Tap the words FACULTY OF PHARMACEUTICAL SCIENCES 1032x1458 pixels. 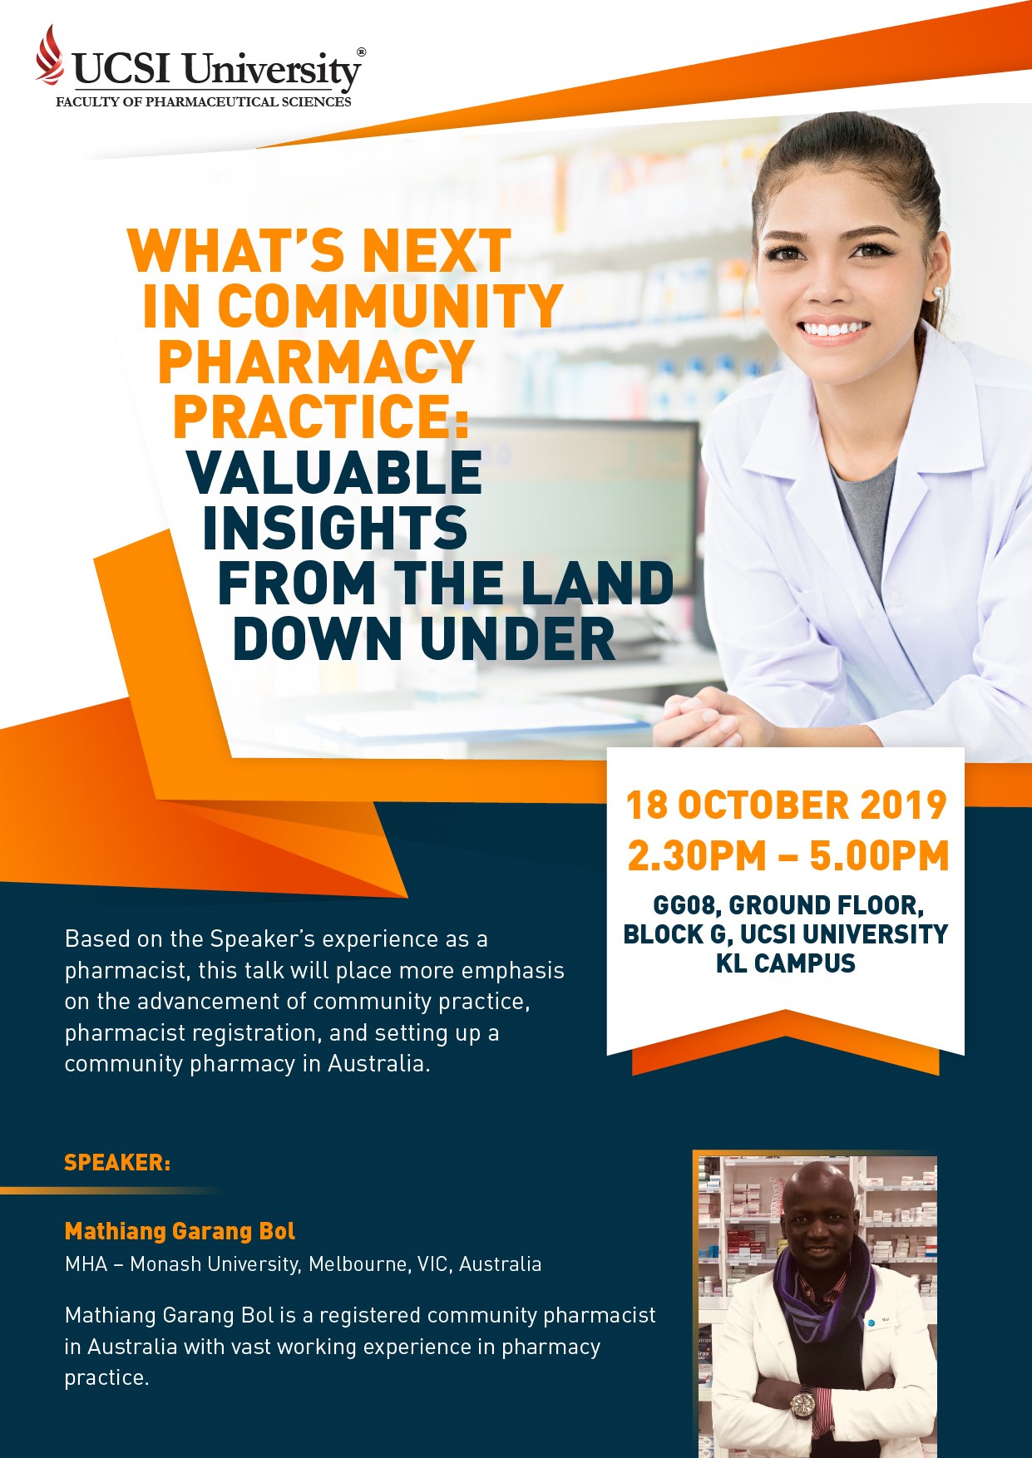click(x=204, y=102)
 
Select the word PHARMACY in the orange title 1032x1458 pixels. click(x=315, y=361)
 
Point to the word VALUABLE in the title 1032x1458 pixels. click(x=334, y=472)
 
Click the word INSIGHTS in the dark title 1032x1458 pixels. click(x=335, y=528)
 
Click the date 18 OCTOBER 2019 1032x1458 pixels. click(x=786, y=805)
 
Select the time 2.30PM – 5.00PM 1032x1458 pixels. click(x=788, y=856)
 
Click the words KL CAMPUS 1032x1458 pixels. click(x=786, y=963)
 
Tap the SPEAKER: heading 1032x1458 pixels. click(x=117, y=1162)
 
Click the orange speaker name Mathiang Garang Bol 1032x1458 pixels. click(x=180, y=1231)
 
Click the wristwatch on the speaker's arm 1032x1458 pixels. click(x=802, y=1405)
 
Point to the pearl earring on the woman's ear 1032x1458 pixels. click(x=938, y=292)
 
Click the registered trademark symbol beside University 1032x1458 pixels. click(x=361, y=52)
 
